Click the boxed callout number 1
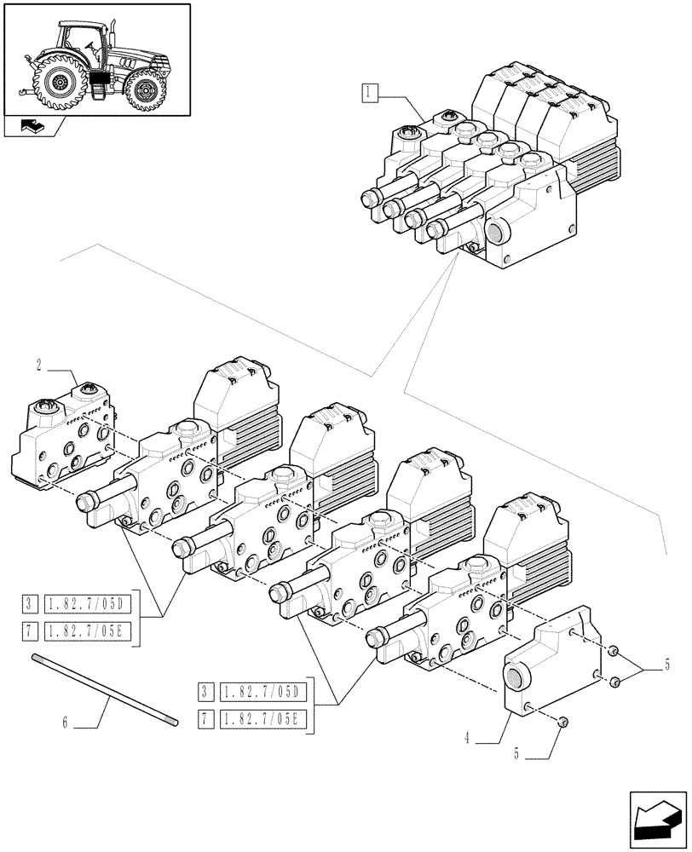click(x=369, y=93)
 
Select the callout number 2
click(x=39, y=366)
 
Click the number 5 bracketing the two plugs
click(x=667, y=665)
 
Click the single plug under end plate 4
click(x=563, y=722)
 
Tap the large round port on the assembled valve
click(x=494, y=231)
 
